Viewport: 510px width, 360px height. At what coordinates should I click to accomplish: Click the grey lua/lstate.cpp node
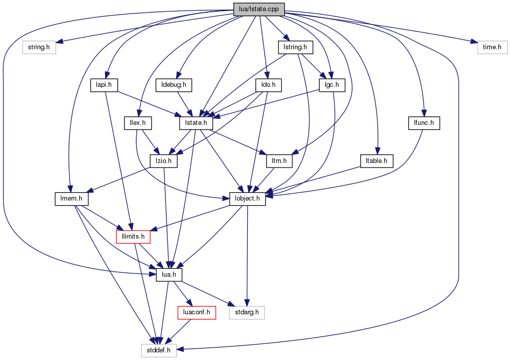[259, 9]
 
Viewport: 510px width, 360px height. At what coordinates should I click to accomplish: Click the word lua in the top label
[243, 9]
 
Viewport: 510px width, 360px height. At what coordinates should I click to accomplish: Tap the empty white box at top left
[39, 47]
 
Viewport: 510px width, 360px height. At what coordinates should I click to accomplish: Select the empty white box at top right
[492, 47]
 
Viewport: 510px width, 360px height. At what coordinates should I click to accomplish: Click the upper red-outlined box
[133, 237]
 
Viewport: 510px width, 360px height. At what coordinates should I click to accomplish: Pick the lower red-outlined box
[196, 313]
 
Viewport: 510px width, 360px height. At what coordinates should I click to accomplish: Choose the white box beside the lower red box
[247, 313]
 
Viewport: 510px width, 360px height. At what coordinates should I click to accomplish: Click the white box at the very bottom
[159, 350]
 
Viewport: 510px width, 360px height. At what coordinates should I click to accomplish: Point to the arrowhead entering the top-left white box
[59, 42]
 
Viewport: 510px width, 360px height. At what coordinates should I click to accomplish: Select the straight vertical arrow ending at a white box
[247, 254]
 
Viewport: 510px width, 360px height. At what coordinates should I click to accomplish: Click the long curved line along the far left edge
[4, 152]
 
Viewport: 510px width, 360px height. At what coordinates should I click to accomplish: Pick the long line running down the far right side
[458, 203]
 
